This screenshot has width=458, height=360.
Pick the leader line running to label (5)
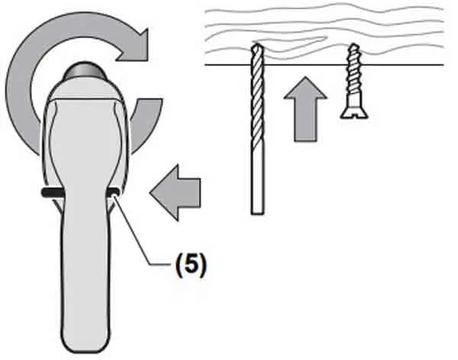pos(137,230)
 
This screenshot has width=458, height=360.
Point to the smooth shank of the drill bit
pos(256,183)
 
